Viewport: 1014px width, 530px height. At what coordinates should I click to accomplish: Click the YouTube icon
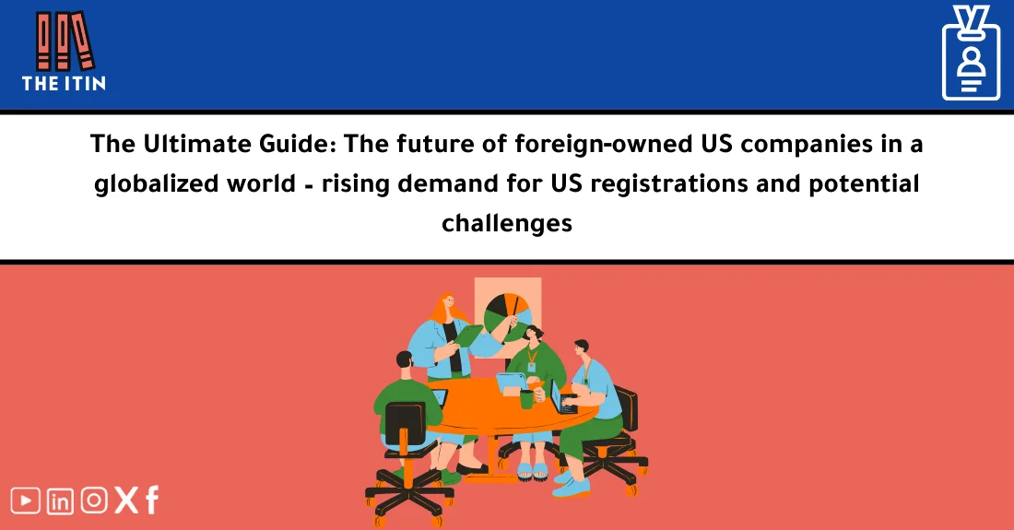point(26,501)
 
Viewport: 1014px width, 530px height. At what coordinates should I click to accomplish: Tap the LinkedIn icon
point(61,501)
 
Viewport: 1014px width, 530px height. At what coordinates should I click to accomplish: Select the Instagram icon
point(94,501)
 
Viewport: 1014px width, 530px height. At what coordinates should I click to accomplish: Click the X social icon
point(126,501)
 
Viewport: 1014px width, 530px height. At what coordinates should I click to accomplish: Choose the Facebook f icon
point(151,500)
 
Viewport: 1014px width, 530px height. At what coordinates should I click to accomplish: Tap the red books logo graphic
point(64,41)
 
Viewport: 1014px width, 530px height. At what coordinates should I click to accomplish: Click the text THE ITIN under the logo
point(64,83)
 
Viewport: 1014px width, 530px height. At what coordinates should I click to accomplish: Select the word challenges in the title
point(507,223)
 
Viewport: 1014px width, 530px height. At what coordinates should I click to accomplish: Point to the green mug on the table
point(526,398)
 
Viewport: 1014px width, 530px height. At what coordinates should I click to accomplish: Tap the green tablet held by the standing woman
point(473,338)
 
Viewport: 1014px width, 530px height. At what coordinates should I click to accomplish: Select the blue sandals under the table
point(532,470)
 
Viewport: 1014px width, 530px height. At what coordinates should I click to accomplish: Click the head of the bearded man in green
point(405,362)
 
